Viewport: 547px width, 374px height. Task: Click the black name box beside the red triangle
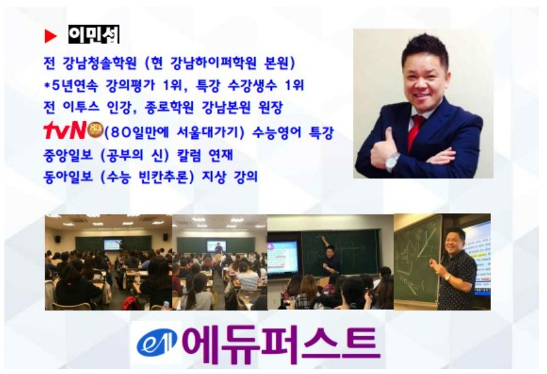click(94, 35)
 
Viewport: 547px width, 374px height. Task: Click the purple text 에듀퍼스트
click(281, 343)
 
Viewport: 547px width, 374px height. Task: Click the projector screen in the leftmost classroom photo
click(113, 243)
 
